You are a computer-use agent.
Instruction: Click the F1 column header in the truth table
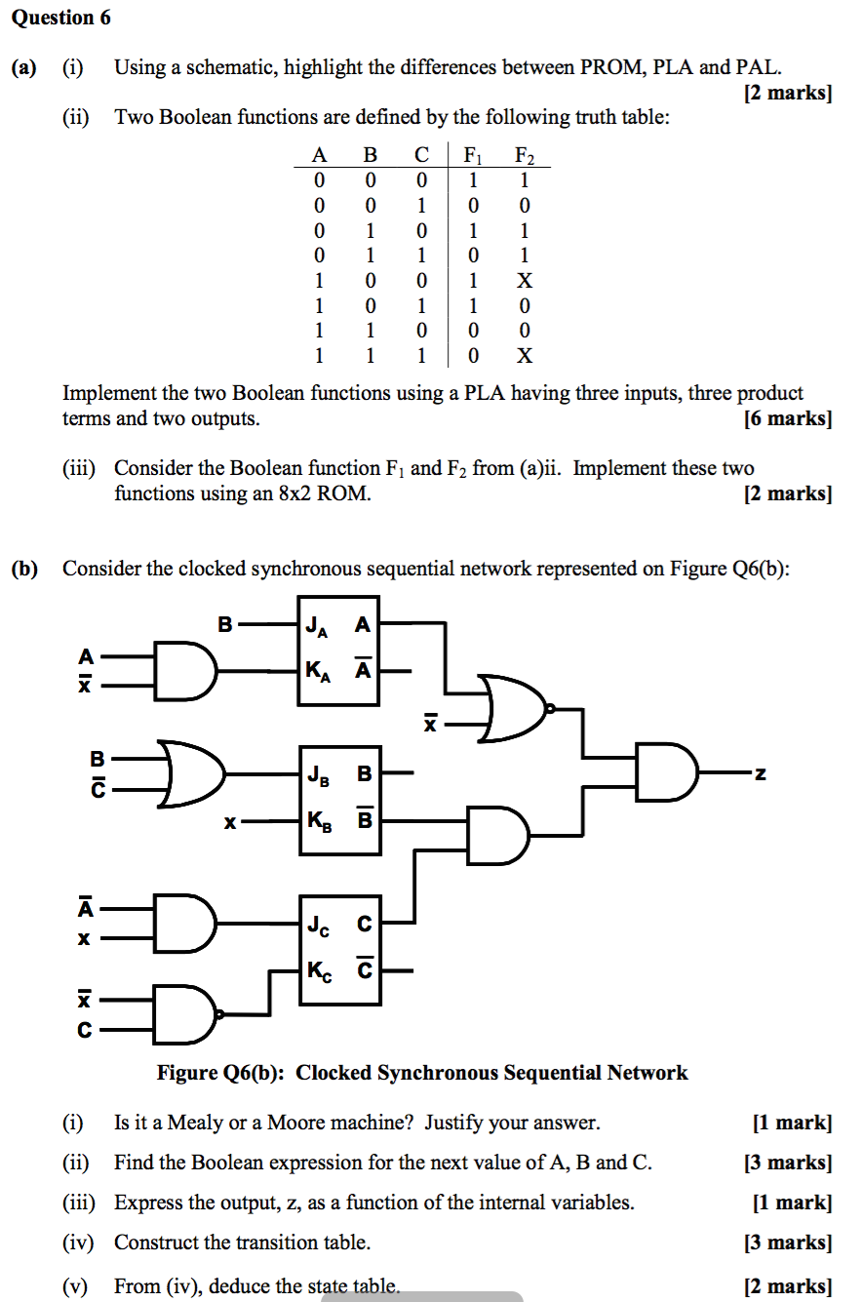[473, 154]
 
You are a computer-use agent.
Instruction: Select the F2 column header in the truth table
[525, 154]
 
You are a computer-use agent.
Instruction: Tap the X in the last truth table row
[525, 355]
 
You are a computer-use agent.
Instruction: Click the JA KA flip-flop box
[337, 649]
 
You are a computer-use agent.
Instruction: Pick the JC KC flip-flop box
[337, 947]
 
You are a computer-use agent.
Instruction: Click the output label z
[761, 774]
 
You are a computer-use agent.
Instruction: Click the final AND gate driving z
[667, 774]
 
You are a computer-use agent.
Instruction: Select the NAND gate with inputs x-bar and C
[188, 1014]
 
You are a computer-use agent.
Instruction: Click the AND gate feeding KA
[186, 671]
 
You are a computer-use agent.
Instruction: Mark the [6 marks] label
[787, 419]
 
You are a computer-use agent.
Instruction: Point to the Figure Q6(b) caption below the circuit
[422, 1073]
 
